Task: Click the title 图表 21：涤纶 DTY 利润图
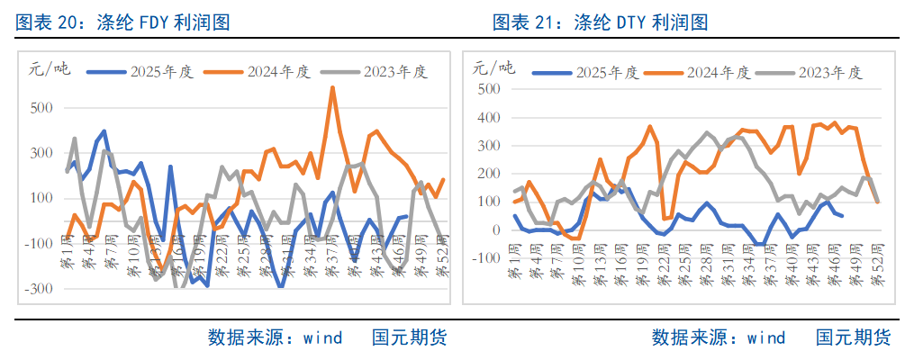pyautogui.click(x=600, y=22)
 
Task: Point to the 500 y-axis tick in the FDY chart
pyautogui.click(x=41, y=108)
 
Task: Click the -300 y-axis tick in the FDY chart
pyautogui.click(x=38, y=289)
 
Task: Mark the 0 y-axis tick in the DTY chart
pyautogui.click(x=494, y=230)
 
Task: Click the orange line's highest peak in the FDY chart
pyautogui.click(x=333, y=88)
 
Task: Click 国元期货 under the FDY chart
pyautogui.click(x=409, y=338)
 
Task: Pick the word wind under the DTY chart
pyautogui.click(x=765, y=338)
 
